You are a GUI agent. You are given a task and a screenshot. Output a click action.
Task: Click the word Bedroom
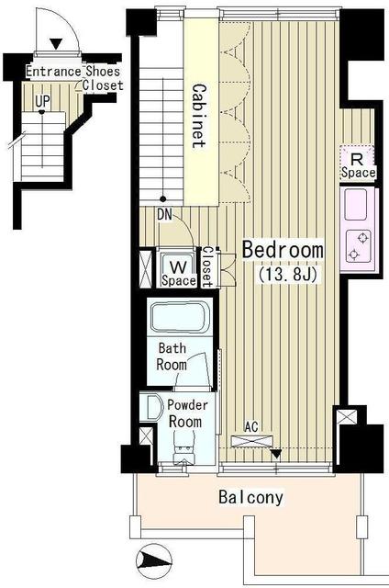[x=283, y=250]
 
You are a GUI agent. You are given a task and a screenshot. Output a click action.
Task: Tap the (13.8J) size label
[x=283, y=273]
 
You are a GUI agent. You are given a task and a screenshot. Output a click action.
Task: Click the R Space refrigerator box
[x=357, y=164]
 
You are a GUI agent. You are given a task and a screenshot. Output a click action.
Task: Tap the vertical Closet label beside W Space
[x=208, y=266]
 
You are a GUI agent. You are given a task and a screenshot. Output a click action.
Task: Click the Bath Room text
[x=172, y=356]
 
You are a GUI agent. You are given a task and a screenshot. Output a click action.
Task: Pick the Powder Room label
[x=188, y=413]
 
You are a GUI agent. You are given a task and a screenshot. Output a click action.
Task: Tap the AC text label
[x=251, y=426]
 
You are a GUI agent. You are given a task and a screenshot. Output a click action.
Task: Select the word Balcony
[x=250, y=499]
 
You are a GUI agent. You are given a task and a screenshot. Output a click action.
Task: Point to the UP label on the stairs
[x=42, y=99]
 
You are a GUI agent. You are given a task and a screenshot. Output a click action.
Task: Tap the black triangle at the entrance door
[x=56, y=42]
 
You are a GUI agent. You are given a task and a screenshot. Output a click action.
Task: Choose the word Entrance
[x=52, y=72]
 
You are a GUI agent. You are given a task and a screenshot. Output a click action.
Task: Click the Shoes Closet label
[x=102, y=78]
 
